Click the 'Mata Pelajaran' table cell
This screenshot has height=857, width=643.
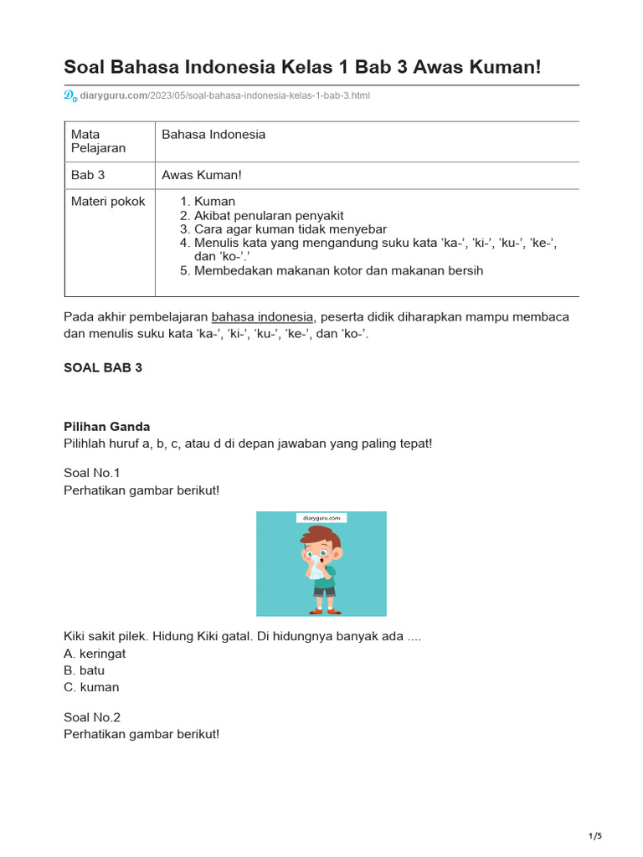(98, 141)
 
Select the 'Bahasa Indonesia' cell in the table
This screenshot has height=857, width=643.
(213, 135)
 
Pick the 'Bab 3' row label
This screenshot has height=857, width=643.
(88, 175)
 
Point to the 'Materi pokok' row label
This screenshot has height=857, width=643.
(108, 202)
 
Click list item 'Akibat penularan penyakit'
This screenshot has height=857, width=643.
(269, 215)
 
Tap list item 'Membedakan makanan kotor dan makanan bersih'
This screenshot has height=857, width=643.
(338, 270)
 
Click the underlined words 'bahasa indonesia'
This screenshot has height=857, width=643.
(262, 317)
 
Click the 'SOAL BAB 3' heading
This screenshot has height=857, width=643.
(103, 367)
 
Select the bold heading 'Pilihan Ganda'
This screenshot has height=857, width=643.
(107, 427)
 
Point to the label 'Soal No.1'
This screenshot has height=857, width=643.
(92, 473)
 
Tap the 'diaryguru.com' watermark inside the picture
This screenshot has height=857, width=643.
(321, 518)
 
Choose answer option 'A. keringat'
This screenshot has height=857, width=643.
(95, 654)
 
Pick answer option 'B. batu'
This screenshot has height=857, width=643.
(85, 670)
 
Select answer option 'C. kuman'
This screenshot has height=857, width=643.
(91, 687)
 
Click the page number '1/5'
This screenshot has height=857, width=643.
(595, 836)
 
